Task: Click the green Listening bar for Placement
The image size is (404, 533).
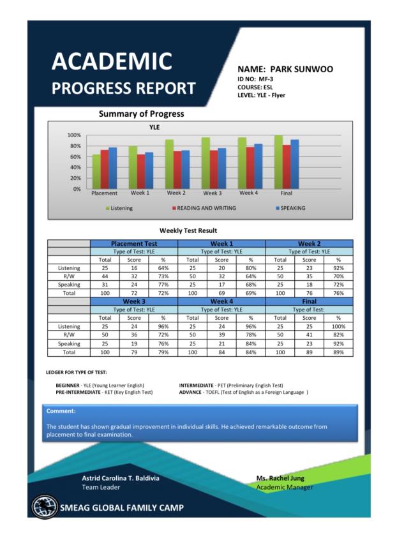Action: coord(96,172)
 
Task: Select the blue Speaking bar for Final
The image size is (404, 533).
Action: coord(295,164)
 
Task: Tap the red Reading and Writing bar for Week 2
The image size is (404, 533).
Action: coord(177,170)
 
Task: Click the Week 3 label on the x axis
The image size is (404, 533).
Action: coord(213,193)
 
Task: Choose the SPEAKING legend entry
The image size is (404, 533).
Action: coord(290,208)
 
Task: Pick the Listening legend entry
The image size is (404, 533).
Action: coord(119,208)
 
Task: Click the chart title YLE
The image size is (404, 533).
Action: coord(154,127)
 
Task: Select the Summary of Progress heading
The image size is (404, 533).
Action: coord(141,114)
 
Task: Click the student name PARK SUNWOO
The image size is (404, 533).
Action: coord(301,70)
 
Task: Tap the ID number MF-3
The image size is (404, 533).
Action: coord(266,79)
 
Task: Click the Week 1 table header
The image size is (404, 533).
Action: coord(221,243)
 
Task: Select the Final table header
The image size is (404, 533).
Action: coord(309,301)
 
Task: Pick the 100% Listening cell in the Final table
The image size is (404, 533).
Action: coord(338,326)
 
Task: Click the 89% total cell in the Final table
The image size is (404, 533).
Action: coord(338,352)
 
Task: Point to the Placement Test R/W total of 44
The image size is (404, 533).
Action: coord(105,276)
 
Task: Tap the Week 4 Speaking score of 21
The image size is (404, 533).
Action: coord(221,343)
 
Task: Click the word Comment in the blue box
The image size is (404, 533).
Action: coord(61,411)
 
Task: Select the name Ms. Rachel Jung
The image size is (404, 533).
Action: coord(280,478)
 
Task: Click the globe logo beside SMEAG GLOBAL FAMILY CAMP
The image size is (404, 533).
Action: coord(45,507)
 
